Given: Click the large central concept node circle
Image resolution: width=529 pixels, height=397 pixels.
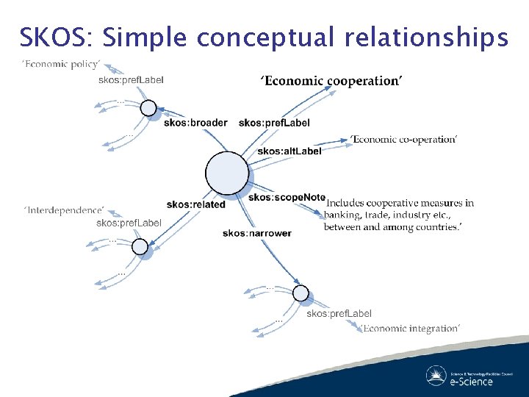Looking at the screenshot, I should point(228,174).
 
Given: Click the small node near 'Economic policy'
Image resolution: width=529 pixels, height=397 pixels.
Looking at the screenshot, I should point(148,109).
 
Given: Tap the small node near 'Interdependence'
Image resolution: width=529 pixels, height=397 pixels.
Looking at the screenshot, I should point(140,247).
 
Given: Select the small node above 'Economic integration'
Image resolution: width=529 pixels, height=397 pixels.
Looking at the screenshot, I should point(301,293).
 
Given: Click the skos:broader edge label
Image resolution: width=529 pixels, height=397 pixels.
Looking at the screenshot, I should point(195,123).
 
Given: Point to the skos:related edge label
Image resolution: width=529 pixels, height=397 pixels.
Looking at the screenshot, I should point(195,204).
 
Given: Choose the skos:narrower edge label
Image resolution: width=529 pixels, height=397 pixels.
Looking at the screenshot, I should point(257,233).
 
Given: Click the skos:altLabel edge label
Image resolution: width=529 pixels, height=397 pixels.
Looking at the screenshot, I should point(289,151).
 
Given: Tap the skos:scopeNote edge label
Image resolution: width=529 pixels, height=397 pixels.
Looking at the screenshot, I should point(287,197).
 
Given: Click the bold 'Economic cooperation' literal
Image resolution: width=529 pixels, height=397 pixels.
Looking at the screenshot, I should point(331,81).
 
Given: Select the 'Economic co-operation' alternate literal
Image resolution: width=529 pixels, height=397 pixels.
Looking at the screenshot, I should point(403,140).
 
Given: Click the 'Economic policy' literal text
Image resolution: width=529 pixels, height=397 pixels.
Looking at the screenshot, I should point(62,65).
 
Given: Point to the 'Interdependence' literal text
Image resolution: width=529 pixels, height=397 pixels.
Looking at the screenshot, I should point(64,211).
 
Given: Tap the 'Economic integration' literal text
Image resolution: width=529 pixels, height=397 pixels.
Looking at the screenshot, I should point(411,328).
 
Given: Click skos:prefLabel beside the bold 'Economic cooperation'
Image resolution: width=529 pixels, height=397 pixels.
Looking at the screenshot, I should point(274,123).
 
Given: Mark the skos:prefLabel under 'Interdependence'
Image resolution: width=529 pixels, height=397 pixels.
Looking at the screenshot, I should point(129,223).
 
